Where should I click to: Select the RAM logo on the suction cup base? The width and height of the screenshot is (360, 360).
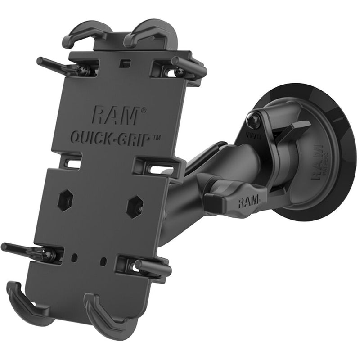(317, 162)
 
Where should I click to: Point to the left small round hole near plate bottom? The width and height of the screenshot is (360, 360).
(75, 257)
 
